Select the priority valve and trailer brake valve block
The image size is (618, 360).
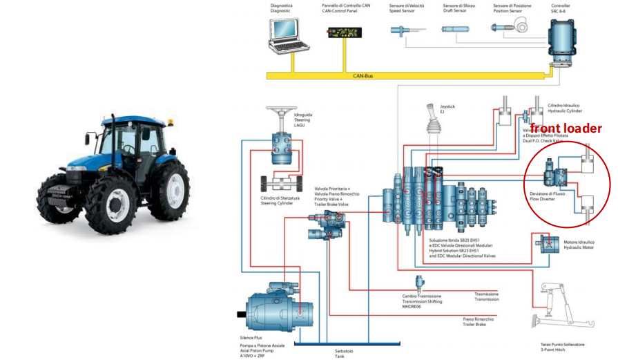coord(328,222)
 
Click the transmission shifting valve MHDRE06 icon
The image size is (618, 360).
coord(419,283)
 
